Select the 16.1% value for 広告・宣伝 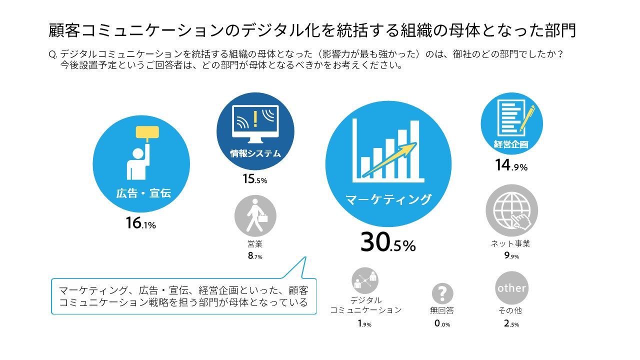141,223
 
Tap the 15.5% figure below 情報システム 255,178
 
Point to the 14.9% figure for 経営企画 511,165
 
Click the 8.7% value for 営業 255,256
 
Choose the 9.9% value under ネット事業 511,256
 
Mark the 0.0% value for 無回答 442,323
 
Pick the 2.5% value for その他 511,323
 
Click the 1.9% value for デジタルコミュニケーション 364,323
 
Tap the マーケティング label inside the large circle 388,199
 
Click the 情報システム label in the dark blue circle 255,153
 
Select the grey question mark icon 442,293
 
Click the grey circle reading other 511,288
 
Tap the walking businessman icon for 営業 255,215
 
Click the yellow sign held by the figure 147,132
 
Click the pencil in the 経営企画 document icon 527,118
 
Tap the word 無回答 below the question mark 442,310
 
